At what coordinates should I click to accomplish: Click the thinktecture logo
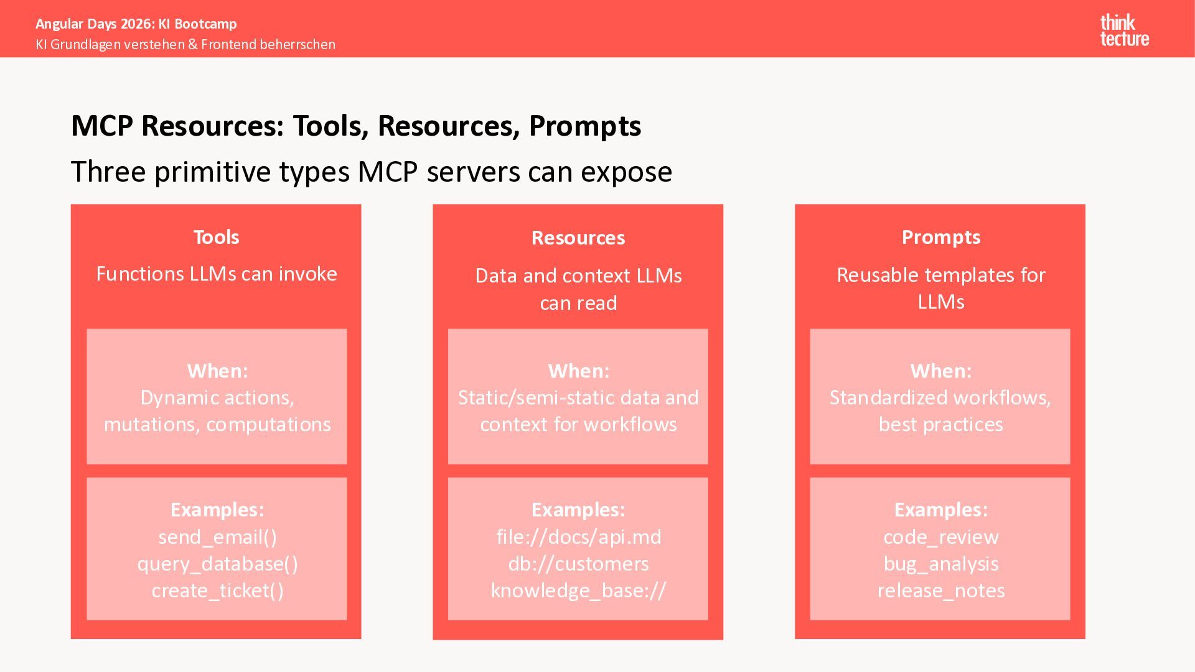click(1124, 30)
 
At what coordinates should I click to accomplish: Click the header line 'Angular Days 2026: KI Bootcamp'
click(136, 24)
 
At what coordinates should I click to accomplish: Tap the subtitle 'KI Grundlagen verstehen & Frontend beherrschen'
click(185, 44)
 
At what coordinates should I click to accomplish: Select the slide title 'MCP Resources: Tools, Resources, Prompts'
click(356, 126)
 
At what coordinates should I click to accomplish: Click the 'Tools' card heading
click(216, 237)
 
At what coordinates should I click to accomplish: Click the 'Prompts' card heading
click(940, 237)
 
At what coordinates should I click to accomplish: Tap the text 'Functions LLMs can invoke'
click(216, 274)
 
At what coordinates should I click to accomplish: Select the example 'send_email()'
click(217, 537)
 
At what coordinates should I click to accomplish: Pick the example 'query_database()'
click(217, 564)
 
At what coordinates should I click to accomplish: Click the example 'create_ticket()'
click(217, 590)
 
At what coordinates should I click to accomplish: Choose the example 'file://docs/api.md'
click(578, 537)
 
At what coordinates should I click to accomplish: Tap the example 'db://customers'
click(578, 564)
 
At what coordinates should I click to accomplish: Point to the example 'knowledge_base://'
click(578, 590)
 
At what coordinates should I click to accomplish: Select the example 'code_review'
click(940, 537)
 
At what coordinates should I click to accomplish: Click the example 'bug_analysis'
click(940, 564)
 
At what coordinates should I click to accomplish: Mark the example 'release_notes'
click(940, 590)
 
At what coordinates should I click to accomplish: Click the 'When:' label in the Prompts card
click(940, 371)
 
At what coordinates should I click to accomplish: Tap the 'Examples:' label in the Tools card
click(217, 510)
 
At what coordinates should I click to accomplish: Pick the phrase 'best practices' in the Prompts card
click(940, 424)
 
